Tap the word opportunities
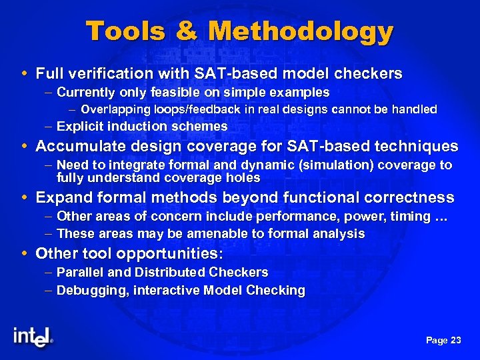click(x=169, y=254)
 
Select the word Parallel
click(x=78, y=273)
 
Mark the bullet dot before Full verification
click(x=25, y=73)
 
